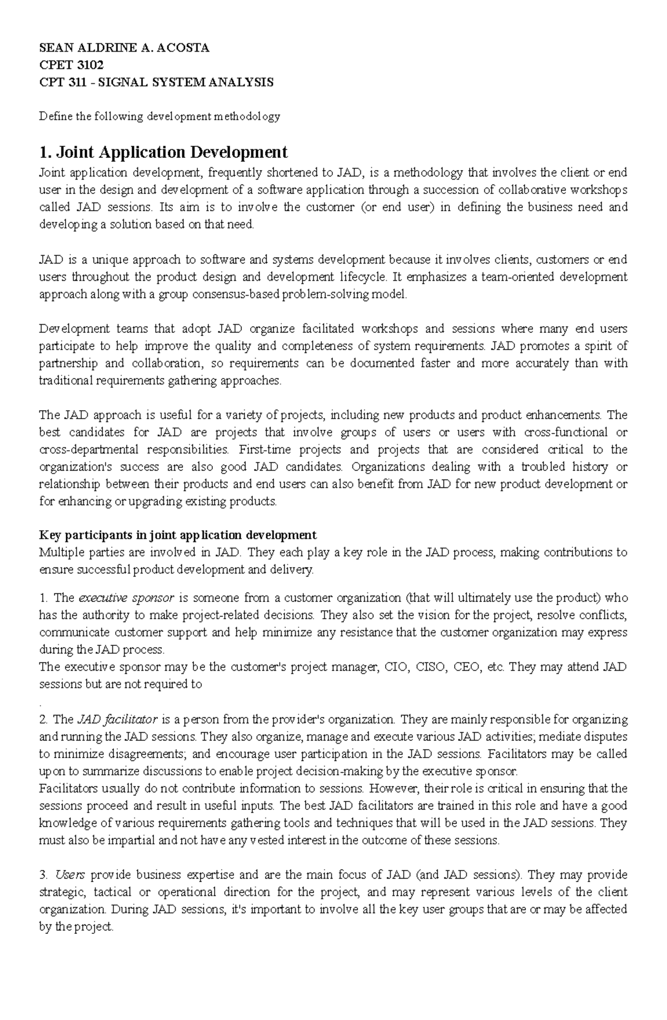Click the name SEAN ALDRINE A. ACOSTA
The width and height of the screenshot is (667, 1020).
(x=124, y=48)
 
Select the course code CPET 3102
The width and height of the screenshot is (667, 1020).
(x=71, y=65)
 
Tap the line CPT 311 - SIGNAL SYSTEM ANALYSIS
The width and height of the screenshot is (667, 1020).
(x=156, y=83)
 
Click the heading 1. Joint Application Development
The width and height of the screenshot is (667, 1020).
(x=163, y=152)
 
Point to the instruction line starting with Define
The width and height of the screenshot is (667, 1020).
(x=159, y=117)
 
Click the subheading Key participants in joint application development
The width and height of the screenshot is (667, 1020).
(x=177, y=535)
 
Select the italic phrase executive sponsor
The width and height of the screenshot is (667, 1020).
(x=126, y=598)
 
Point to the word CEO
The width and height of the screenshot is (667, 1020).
(x=466, y=667)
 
